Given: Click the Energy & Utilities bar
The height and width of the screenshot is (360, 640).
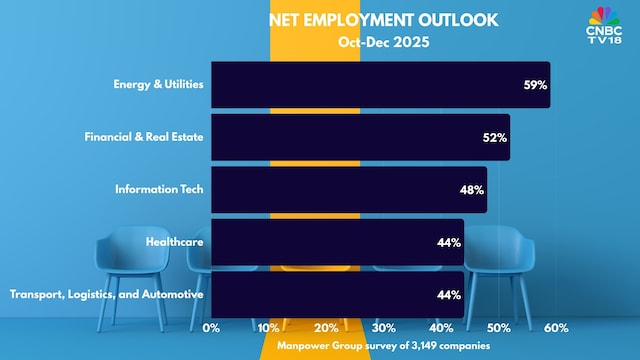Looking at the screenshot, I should [380, 85].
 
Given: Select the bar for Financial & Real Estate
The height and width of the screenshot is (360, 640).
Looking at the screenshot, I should [360, 137].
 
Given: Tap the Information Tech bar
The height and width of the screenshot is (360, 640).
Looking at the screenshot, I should [349, 189].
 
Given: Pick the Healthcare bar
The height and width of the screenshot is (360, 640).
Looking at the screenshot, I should [337, 242].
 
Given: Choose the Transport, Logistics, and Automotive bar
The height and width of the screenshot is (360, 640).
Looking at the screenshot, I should [337, 294].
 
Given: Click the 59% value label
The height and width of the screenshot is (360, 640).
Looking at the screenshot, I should [535, 86].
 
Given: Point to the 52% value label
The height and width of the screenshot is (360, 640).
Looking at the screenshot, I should [495, 138].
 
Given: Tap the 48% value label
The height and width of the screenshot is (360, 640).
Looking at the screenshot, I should [472, 190].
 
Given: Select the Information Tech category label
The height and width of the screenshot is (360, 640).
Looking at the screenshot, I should [160, 189].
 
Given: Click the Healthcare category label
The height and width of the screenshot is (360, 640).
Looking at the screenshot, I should [175, 242].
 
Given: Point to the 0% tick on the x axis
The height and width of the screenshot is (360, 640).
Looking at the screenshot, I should [212, 327].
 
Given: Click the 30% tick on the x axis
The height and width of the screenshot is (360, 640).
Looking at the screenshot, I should [384, 327].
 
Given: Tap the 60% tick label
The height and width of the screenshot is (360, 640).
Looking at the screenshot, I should [556, 327].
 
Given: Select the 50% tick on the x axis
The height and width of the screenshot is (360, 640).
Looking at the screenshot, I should [499, 327].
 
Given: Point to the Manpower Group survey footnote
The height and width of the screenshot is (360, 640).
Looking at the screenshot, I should [383, 346].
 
